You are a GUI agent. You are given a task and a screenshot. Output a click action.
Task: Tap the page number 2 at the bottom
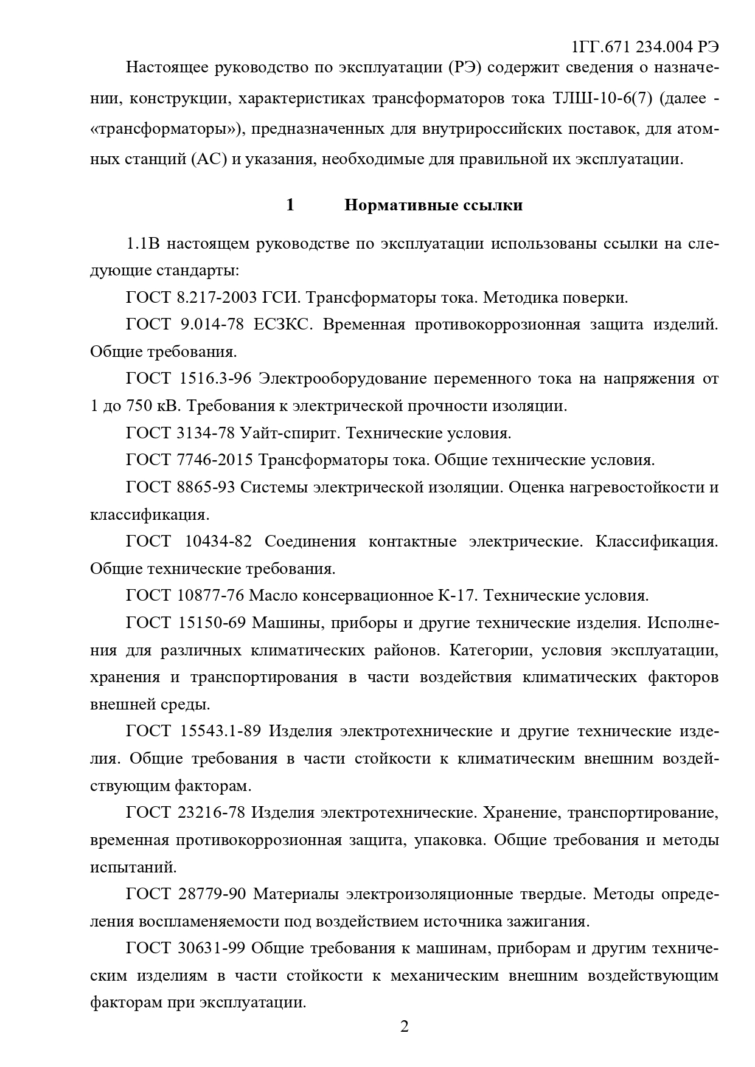point(404,1027)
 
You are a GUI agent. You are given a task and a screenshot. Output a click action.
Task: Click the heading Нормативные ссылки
point(433,205)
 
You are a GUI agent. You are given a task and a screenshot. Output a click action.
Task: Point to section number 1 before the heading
point(290,205)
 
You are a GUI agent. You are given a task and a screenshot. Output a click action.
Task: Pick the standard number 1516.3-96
point(215,379)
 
